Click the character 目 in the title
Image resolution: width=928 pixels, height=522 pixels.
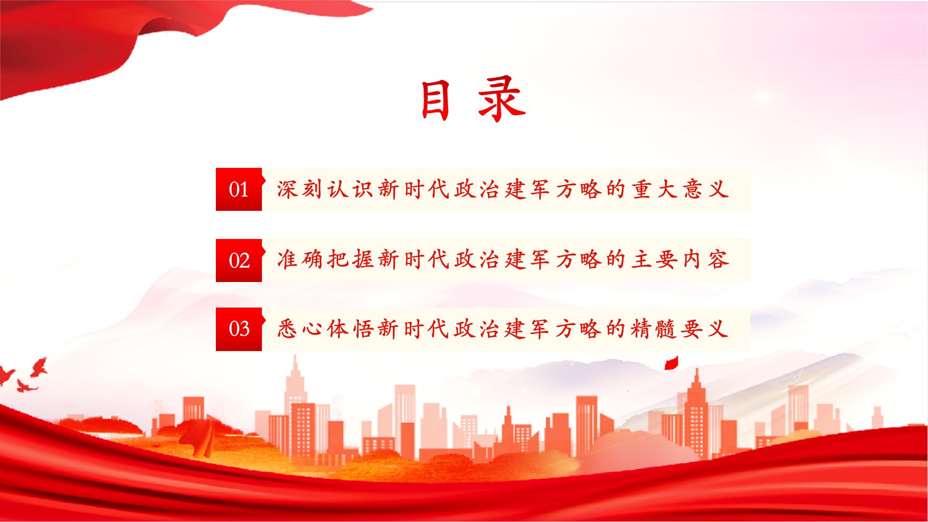tap(436, 100)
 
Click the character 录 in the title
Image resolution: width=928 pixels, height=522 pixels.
tap(501, 99)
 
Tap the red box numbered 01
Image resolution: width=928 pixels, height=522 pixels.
tap(239, 189)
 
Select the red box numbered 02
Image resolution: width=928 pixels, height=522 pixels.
tap(239, 260)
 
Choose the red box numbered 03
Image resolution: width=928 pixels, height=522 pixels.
tap(239, 329)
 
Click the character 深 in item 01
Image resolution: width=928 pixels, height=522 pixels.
tap(288, 189)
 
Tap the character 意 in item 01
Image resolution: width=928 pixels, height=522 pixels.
tap(692, 189)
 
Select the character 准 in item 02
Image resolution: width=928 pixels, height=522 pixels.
tap(288, 259)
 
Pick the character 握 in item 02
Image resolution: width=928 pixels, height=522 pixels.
tap(363, 259)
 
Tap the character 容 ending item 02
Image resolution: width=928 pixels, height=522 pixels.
tap(718, 259)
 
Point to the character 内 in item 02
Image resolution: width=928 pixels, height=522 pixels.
tap(692, 259)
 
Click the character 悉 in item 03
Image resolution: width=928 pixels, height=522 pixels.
tap(288, 329)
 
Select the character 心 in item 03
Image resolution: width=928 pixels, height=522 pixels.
tap(313, 329)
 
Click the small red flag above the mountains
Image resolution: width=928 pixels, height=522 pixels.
tap(671, 363)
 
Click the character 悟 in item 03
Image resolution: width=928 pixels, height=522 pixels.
tap(363, 329)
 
